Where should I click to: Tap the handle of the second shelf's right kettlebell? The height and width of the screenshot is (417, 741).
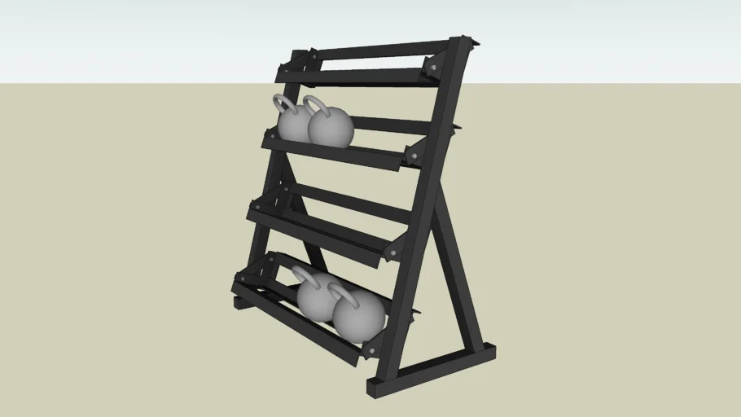(314, 104)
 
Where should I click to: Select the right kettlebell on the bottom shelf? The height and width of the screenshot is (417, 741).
(359, 316)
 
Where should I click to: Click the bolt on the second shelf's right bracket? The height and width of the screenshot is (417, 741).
(412, 156)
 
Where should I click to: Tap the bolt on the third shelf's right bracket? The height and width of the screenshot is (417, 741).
(392, 252)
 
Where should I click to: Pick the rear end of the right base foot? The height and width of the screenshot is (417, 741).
(489, 351)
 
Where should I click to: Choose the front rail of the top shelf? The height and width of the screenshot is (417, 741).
(358, 78)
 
